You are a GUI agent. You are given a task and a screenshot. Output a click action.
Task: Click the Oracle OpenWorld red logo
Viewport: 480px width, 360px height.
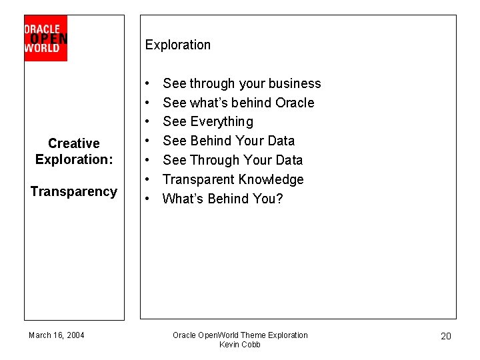pos(45,39)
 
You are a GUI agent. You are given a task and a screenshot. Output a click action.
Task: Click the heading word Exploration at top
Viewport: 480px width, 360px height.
pos(177,45)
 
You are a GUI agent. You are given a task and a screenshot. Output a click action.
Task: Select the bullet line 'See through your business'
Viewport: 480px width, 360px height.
pos(241,84)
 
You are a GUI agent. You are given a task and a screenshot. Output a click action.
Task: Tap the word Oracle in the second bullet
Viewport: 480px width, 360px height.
pos(295,103)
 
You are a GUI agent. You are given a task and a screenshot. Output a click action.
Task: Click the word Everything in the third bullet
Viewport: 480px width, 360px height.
pos(221,122)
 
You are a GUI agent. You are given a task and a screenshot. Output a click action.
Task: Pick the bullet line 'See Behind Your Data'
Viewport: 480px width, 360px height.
pos(228,141)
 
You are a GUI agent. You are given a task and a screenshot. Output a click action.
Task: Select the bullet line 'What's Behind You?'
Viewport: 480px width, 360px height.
pos(223,199)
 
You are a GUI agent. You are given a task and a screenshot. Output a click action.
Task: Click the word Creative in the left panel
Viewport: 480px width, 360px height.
pos(74,143)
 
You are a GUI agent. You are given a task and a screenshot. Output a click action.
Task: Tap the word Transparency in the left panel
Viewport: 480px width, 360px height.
pos(74,192)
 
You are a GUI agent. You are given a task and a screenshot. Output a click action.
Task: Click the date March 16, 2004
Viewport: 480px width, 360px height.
pos(57,335)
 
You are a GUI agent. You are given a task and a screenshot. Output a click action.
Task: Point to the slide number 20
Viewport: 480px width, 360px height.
pos(446,336)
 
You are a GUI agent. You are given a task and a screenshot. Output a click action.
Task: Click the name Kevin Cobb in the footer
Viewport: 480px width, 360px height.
pos(240,345)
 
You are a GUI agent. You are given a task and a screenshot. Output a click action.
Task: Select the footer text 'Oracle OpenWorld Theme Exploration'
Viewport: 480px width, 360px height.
pos(240,335)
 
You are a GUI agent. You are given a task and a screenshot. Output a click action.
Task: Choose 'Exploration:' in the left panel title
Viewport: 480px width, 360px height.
pos(74,160)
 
